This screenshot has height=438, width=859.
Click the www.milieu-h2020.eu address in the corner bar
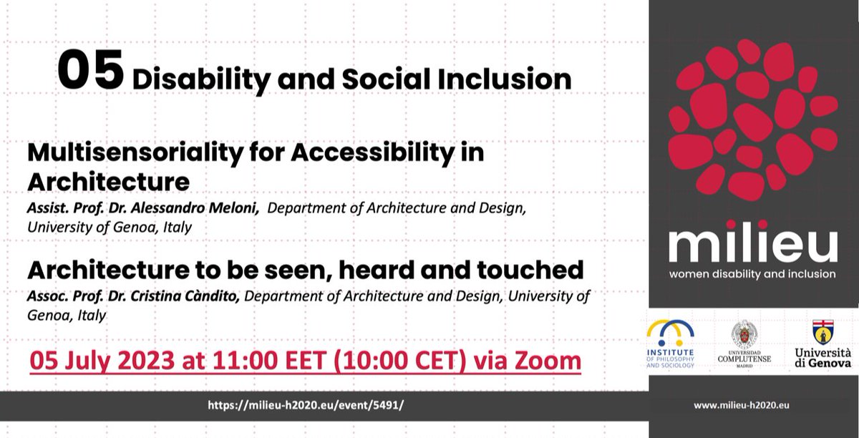pos(742,405)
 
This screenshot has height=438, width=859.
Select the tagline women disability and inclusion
pos(752,274)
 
